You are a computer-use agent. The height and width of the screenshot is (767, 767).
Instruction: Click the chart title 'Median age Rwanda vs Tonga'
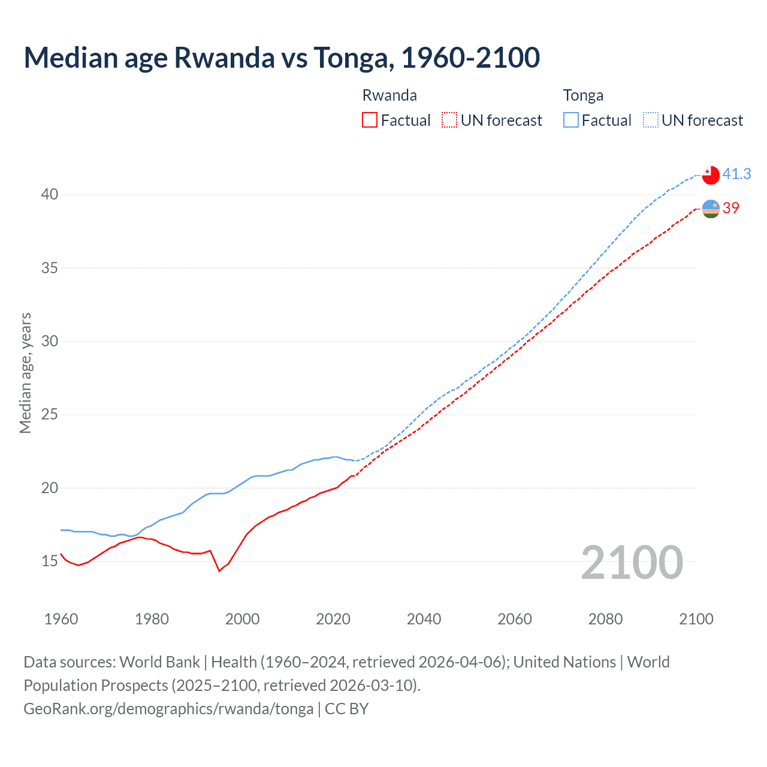[282, 58]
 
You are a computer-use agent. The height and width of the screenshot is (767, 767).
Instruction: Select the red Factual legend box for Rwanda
[370, 120]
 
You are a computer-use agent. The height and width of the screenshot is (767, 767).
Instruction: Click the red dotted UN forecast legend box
[449, 120]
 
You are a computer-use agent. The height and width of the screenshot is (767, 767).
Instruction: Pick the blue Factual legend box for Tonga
[570, 120]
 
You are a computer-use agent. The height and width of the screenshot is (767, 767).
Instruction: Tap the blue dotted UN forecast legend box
[650, 120]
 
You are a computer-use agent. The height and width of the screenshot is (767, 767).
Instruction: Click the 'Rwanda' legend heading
[389, 95]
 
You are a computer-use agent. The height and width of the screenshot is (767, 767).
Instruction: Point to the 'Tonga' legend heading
[583, 95]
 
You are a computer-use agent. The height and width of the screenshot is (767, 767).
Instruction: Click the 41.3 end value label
[736, 174]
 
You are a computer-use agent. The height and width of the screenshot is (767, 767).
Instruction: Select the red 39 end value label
[731, 208]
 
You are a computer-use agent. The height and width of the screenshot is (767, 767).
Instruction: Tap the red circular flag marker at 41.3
[711, 175]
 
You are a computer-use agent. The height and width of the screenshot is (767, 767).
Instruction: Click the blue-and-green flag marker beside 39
[711, 209]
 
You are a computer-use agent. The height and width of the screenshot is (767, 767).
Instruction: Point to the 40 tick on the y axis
[50, 194]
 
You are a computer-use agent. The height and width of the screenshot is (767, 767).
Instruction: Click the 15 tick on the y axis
[50, 561]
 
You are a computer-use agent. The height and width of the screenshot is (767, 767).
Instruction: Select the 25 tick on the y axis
[50, 415]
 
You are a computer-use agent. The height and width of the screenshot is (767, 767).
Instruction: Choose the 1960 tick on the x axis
[61, 619]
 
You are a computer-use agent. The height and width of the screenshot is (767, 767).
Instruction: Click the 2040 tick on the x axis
[424, 619]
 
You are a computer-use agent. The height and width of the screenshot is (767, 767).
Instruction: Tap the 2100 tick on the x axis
[696, 619]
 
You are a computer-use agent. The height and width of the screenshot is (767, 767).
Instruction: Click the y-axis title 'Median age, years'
[25, 373]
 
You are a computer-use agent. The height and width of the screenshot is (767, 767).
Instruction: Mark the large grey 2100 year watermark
[632, 563]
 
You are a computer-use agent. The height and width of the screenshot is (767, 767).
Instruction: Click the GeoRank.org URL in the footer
[168, 709]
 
